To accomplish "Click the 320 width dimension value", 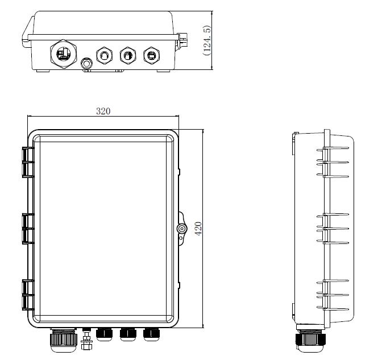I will point(103,111).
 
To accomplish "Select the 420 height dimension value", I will point(198,229).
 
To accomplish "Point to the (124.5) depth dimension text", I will point(207,40).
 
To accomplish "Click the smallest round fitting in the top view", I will point(87,63).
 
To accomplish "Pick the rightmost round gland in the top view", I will point(151,55).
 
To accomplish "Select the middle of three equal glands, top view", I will point(128,55).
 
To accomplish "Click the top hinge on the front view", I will point(27,162).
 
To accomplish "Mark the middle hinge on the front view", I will point(27,229).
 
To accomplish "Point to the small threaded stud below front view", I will point(87,341).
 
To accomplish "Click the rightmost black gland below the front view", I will point(151,334).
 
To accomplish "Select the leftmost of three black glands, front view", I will point(104,334).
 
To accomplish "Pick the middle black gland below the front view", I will point(128,334).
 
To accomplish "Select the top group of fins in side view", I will point(333,162).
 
